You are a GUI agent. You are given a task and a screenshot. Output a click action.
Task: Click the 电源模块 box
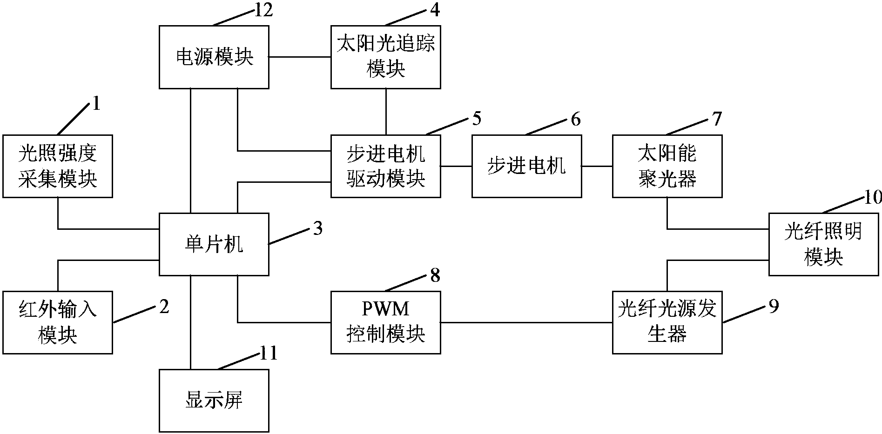pos(214,57)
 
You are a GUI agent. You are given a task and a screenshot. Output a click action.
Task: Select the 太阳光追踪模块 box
pos(385,57)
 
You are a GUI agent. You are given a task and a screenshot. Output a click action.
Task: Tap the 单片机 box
pos(214,244)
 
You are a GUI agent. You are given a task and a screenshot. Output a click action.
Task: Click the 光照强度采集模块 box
pos(57,166)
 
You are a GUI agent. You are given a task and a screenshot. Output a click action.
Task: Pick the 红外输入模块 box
pos(57,322)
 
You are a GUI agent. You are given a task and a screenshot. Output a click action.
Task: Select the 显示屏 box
pos(214,400)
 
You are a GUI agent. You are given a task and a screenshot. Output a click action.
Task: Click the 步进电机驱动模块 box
pos(385,166)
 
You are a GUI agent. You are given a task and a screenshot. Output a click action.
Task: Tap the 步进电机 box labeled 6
pos(526,166)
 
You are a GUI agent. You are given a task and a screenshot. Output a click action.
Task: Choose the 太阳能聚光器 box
pos(667,166)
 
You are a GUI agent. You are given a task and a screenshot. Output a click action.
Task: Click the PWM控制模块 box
pos(385,322)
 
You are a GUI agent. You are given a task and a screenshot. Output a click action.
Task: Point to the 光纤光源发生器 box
pos(667,322)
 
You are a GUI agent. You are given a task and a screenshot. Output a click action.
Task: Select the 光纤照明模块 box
pos(823,244)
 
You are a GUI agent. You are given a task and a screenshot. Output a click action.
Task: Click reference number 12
pos(263,10)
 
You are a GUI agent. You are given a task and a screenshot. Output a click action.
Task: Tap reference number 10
pos(873,198)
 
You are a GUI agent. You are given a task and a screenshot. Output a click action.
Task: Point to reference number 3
pos(317,229)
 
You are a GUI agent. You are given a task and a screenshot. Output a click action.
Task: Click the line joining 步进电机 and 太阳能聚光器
pos(597,166)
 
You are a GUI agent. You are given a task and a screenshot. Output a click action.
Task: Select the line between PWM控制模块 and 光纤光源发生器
pos(526,322)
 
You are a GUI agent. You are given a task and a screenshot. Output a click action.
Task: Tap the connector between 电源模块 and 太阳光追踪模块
pos(300,57)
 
